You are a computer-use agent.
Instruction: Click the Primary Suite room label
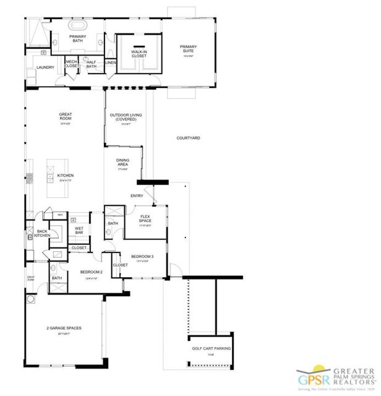(187, 48)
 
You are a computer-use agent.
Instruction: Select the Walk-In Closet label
(139, 53)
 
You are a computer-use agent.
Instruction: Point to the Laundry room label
(45, 67)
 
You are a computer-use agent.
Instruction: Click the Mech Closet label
(72, 63)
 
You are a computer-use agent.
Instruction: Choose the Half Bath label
(91, 63)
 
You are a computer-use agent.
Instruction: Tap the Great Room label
(66, 116)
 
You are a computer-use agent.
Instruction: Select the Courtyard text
(188, 138)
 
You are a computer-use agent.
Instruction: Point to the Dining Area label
(122, 162)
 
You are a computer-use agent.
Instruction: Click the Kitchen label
(66, 176)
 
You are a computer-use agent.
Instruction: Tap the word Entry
(137, 196)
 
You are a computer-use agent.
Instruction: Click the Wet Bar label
(79, 230)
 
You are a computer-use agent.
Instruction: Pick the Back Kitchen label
(41, 233)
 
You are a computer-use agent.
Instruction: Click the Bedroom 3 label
(143, 256)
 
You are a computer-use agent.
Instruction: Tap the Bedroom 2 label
(92, 272)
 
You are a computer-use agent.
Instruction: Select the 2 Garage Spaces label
(64, 328)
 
